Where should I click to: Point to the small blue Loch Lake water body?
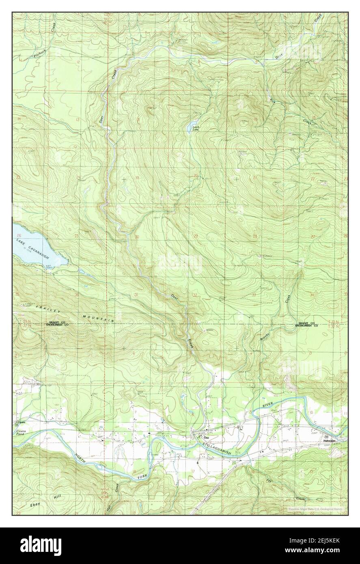[x=192, y=122]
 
